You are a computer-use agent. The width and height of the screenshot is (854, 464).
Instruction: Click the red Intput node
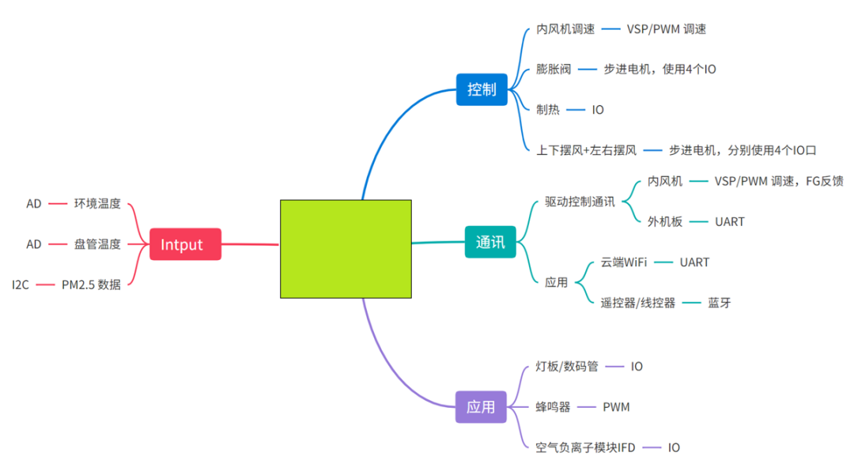point(185,244)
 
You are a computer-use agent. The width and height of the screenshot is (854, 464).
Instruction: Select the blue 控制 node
point(482,89)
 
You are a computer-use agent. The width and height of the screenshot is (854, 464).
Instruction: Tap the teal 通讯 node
point(490,242)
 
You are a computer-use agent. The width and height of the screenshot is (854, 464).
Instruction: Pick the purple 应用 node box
point(481,407)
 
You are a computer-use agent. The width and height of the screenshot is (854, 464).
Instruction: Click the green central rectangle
point(346,249)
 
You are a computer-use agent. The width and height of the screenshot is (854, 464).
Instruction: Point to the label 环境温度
point(97,204)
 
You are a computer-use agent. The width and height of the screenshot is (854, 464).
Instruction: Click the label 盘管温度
point(97,244)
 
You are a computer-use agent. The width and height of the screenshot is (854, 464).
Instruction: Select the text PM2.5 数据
point(91,285)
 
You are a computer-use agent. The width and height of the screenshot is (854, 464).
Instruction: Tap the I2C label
point(20,285)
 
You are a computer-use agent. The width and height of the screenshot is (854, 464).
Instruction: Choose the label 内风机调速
point(565,29)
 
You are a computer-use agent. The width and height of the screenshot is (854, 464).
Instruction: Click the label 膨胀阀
point(554,69)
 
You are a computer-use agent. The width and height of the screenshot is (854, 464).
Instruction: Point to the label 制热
point(548,109)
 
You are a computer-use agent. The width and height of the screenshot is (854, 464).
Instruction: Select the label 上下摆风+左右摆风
point(586,150)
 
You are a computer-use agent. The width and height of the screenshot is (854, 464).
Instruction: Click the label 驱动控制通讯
point(580,202)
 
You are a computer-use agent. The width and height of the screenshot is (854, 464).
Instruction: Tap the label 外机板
point(665,221)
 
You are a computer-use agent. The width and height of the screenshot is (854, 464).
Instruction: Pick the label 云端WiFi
point(624,262)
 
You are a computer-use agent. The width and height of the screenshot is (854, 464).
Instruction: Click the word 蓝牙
point(720,303)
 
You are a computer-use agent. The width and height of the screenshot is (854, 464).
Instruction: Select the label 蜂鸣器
point(553,407)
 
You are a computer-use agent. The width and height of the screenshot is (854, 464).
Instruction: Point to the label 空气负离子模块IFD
point(585,447)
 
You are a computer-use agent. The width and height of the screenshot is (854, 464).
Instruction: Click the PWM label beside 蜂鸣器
point(616,407)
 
